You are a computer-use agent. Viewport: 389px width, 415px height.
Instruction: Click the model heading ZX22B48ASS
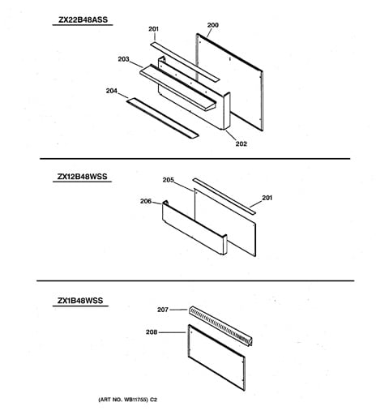click(x=83, y=19)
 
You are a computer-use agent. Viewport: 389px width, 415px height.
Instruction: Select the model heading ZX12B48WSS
click(x=82, y=177)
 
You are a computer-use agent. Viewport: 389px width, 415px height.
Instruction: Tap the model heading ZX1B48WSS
click(x=80, y=301)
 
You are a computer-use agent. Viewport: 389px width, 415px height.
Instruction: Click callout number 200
click(x=213, y=25)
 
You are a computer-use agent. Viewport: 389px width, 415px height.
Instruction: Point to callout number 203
click(x=123, y=59)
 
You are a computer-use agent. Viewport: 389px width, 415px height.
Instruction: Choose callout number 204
click(x=112, y=91)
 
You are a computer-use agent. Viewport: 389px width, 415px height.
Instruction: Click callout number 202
click(x=242, y=143)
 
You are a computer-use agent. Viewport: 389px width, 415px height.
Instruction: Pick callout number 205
click(x=169, y=180)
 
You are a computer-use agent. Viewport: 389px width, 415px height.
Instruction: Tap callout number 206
click(x=146, y=201)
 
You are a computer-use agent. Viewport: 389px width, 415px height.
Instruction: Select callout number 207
click(x=163, y=310)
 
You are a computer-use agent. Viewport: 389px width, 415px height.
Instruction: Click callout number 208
click(x=152, y=332)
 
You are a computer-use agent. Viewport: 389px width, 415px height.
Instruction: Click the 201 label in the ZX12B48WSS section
click(x=267, y=198)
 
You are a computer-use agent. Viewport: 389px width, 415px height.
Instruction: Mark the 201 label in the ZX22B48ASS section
click(x=153, y=29)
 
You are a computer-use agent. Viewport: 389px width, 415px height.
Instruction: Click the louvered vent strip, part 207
click(x=220, y=326)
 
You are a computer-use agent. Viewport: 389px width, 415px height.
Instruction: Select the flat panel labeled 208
click(x=217, y=357)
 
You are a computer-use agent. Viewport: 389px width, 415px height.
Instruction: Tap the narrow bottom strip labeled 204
click(x=162, y=118)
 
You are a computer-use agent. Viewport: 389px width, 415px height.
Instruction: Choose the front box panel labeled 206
click(x=194, y=228)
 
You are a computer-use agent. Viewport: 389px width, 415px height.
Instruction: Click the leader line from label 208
click(x=173, y=332)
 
